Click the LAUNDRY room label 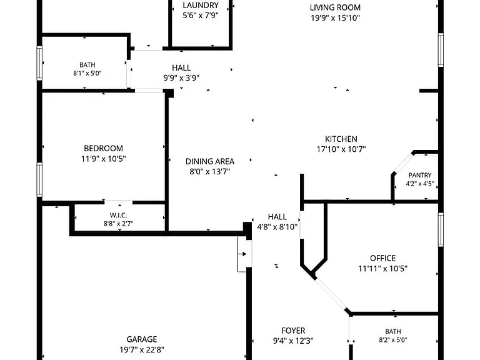201,5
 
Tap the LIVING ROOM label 335,7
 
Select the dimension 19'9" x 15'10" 335,17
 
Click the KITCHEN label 341,139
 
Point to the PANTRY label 420,176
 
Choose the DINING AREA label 210,161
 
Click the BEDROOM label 104,149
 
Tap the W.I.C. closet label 119,216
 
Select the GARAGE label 142,339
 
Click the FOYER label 293,331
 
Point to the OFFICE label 382,258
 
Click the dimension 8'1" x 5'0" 87,73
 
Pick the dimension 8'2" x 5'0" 393,340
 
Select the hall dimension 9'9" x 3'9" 181,78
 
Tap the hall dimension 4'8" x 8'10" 277,227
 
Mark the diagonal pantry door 402,163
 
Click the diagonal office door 331,294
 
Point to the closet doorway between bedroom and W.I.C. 119,202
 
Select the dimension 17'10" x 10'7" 341,149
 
